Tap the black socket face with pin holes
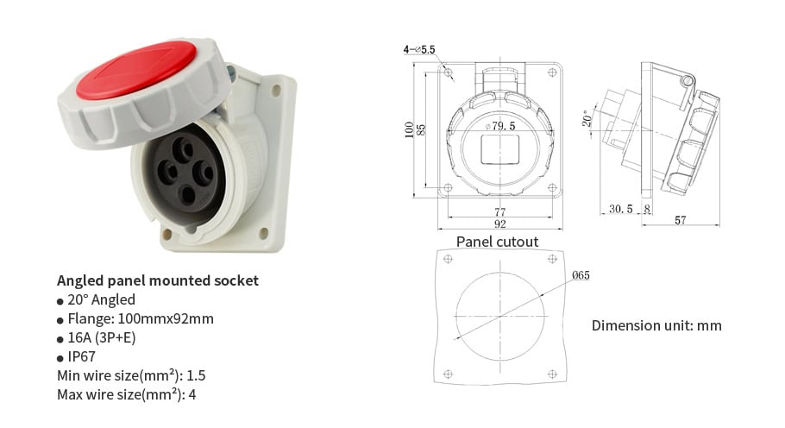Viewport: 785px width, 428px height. pyautogui.click(x=182, y=173)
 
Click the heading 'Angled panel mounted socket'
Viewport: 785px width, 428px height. pyautogui.click(x=157, y=280)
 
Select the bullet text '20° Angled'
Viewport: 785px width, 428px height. pyautogui.click(x=101, y=299)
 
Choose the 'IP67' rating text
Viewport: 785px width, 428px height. pyautogui.click(x=83, y=356)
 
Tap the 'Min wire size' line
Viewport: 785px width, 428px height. pyautogui.click(x=131, y=375)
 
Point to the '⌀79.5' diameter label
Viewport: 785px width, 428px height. pyautogui.click(x=499, y=127)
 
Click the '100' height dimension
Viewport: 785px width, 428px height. pyautogui.click(x=410, y=129)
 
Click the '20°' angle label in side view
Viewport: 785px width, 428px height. pyautogui.click(x=587, y=117)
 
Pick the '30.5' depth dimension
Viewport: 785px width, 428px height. pyautogui.click(x=620, y=209)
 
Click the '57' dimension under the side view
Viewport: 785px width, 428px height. pyautogui.click(x=680, y=221)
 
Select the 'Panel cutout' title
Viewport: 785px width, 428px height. pyautogui.click(x=497, y=242)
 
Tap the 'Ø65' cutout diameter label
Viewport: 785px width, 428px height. pyautogui.click(x=580, y=275)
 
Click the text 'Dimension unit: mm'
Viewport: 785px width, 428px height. pyautogui.click(x=656, y=325)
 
